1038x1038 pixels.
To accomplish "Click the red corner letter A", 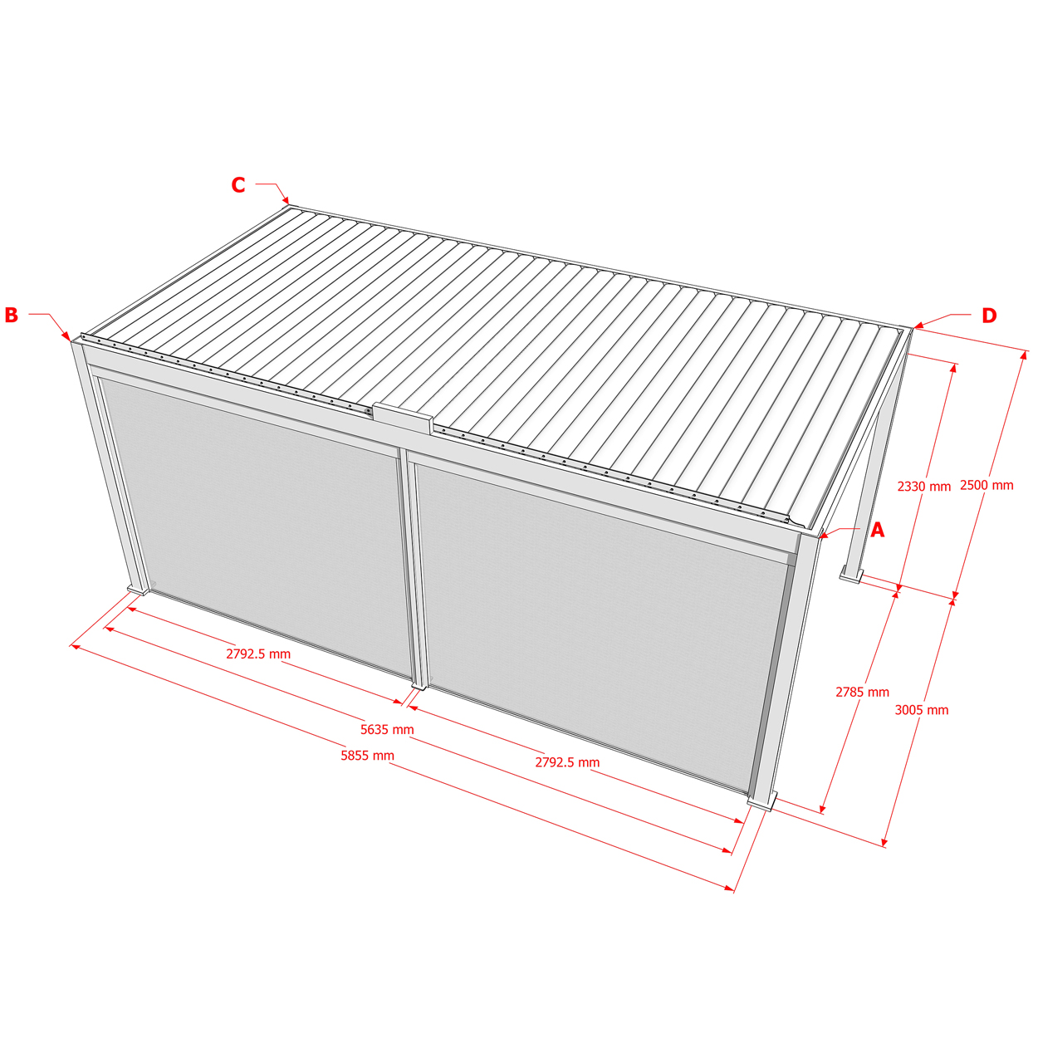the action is [878, 530].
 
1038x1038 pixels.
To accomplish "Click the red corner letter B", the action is [12, 315].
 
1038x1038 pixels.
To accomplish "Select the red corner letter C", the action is [238, 184].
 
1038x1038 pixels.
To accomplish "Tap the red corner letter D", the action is [989, 315].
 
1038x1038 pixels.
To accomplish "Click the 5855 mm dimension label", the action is [367, 755].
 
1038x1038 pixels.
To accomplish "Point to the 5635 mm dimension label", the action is [387, 729].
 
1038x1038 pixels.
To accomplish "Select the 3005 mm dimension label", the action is [922, 710].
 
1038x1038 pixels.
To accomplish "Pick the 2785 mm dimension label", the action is [863, 693].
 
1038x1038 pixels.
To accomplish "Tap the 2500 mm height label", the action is [987, 485].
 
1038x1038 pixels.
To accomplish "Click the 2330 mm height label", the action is [924, 487].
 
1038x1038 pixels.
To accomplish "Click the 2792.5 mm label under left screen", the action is [258, 654].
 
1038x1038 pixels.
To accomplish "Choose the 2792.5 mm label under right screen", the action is [567, 762].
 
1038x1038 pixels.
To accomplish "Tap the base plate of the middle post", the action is [419, 686].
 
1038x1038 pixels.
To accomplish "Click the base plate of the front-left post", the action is [137, 590].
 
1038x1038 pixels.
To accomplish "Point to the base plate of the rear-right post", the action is [852, 576].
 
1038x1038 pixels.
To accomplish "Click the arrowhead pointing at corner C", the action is [286, 200].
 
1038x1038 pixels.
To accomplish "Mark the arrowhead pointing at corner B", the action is [66, 336].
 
